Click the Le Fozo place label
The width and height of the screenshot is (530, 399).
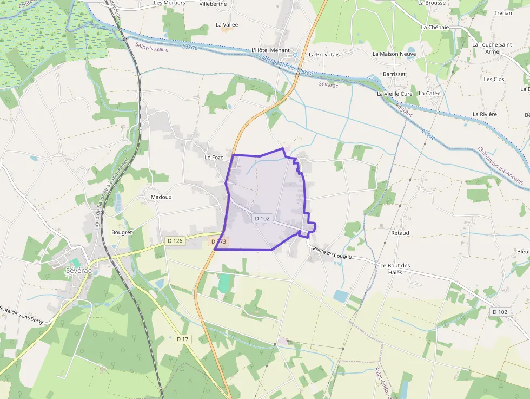click(x=214, y=158)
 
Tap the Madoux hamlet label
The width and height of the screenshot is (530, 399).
click(x=161, y=197)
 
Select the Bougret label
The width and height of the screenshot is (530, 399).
click(x=122, y=232)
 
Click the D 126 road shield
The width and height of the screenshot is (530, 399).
click(x=175, y=240)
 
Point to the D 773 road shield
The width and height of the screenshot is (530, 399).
click(x=218, y=241)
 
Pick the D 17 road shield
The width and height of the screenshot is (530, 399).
click(x=183, y=339)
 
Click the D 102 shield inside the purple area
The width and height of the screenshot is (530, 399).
click(x=262, y=218)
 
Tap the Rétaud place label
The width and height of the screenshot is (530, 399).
click(x=400, y=233)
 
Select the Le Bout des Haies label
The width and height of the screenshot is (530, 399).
click(x=395, y=269)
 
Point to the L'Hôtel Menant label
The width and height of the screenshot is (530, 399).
click(x=271, y=50)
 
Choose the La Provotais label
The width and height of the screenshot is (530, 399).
click(x=324, y=55)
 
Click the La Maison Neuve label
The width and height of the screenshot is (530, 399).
click(x=394, y=54)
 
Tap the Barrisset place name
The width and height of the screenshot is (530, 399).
click(x=394, y=74)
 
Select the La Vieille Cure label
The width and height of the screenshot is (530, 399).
click(x=395, y=94)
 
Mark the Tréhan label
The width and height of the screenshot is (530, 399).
click(x=503, y=13)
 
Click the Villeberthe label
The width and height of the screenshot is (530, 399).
click(x=213, y=4)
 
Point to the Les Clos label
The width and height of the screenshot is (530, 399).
click(x=494, y=79)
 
